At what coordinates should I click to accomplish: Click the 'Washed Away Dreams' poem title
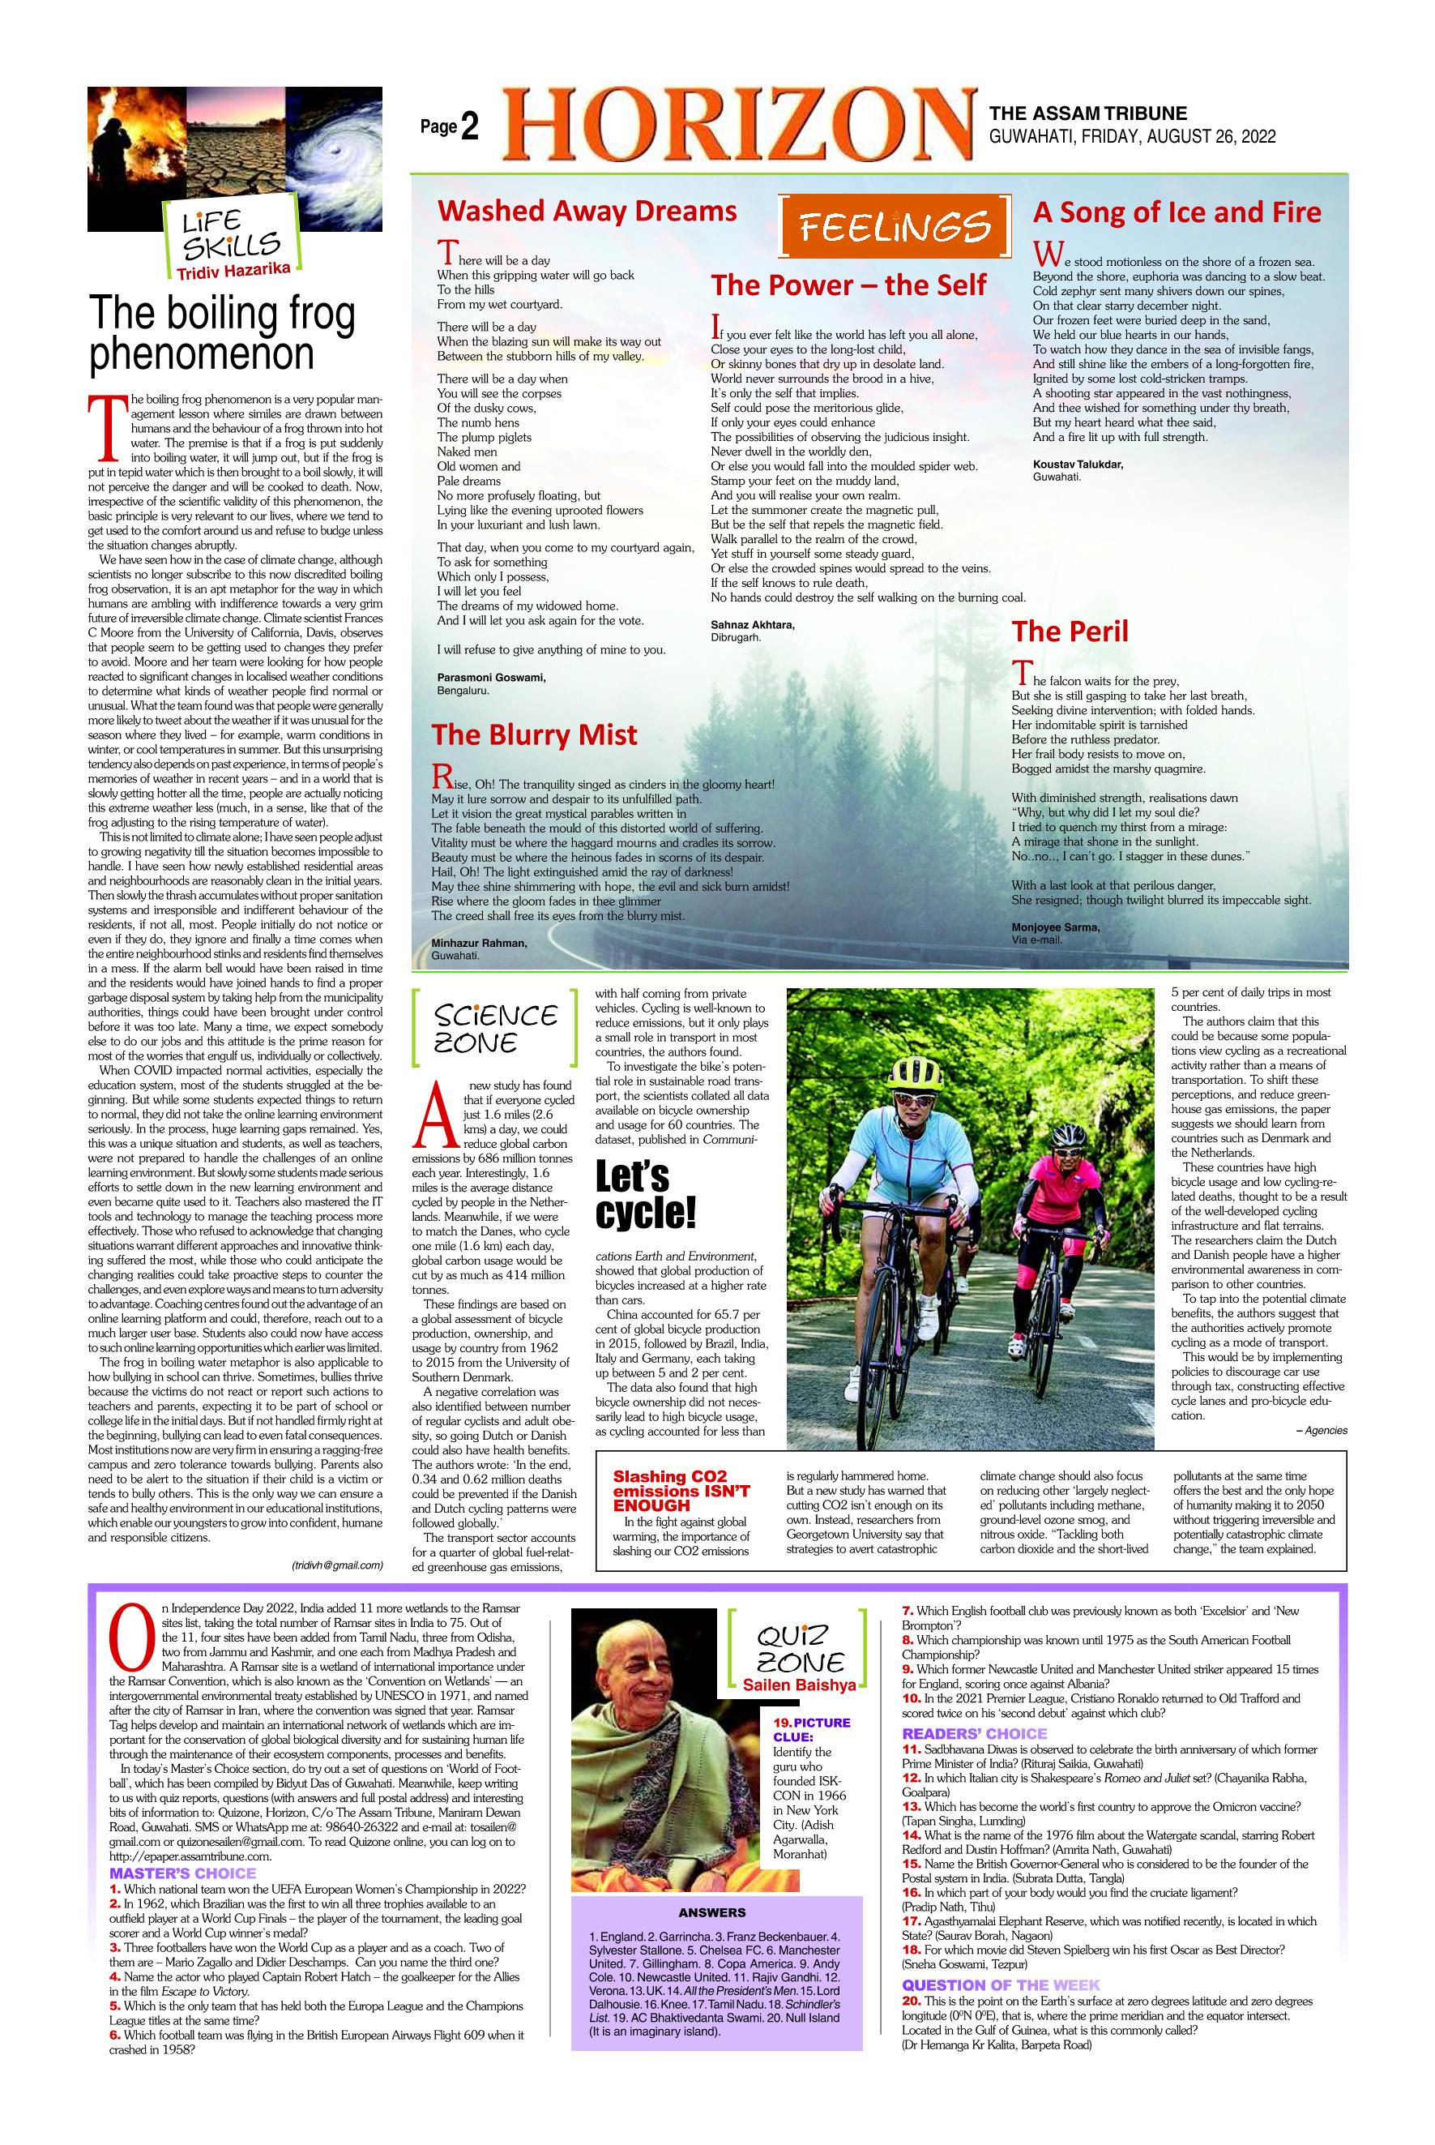pyautogui.click(x=587, y=212)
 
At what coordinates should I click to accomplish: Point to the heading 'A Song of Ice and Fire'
pyautogui.click(x=1177, y=213)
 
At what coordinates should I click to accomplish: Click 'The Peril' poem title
pyautogui.click(x=1070, y=631)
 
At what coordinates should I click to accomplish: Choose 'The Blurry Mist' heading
pyautogui.click(x=535, y=735)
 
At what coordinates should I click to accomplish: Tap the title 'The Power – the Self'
pyautogui.click(x=848, y=285)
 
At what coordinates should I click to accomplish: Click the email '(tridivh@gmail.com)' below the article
pyautogui.click(x=337, y=1565)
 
